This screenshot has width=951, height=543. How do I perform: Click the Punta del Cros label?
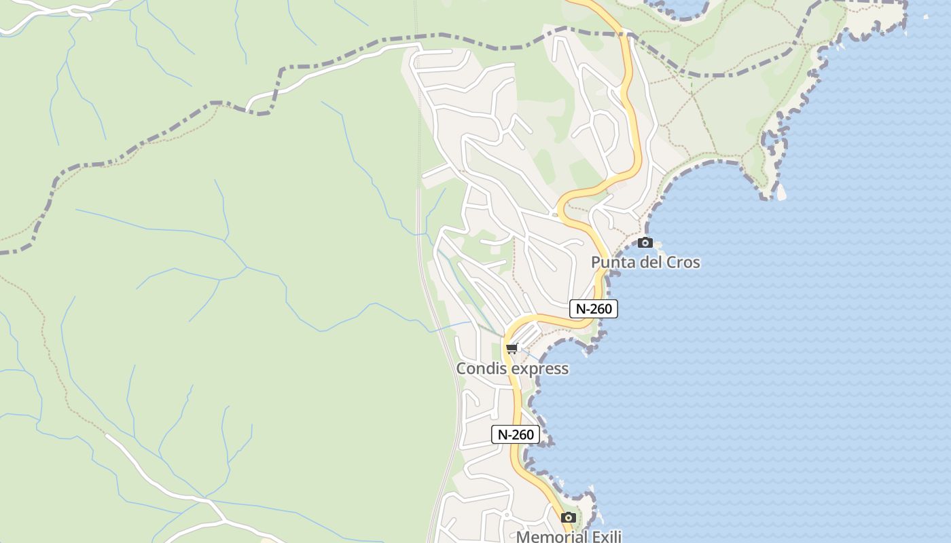(645, 263)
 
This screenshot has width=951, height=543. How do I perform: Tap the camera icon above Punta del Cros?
(645, 242)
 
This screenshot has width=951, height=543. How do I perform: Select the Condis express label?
(512, 369)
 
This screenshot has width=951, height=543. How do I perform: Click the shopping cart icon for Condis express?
(512, 349)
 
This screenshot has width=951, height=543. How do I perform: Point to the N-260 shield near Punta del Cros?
(594, 309)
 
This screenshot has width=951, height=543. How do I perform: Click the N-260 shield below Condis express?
(516, 434)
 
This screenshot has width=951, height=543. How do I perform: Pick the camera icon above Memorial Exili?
(569, 518)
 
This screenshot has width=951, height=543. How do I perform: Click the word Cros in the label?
(683, 263)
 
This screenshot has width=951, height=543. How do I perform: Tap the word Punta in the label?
(609, 263)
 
